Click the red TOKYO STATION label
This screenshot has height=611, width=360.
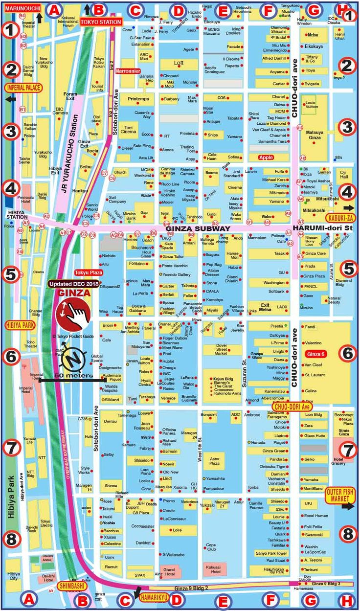pos(100,22)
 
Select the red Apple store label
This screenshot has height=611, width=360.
pos(266,157)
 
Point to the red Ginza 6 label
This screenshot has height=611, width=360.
pos(315,353)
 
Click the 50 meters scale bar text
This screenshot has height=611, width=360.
pos(73,375)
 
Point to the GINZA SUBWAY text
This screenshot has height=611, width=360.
pos(198,228)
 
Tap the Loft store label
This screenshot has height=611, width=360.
pos(179,63)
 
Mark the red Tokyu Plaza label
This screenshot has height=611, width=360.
pos(89,272)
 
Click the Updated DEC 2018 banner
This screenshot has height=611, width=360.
pos(73,284)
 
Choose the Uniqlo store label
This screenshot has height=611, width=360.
pos(278,351)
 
